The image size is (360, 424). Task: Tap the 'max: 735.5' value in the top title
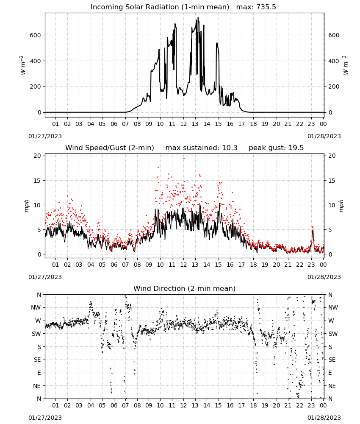(256, 7)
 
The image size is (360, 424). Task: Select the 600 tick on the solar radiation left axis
(36, 35)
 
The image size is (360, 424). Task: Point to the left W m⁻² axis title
(23, 65)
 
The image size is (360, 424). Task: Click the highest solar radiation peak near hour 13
(198, 18)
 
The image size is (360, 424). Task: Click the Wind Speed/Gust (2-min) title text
(110, 148)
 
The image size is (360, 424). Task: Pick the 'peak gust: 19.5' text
(276, 148)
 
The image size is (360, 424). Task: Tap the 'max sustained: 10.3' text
(201, 148)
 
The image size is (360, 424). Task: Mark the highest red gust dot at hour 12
(184, 158)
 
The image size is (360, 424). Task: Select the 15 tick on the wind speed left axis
(37, 180)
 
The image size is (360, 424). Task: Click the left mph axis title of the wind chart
(26, 206)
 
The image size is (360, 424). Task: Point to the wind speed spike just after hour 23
(313, 230)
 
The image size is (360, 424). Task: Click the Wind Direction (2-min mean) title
(185, 288)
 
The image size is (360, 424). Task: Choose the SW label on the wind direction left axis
(36, 334)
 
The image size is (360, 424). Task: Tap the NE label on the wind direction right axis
(332, 386)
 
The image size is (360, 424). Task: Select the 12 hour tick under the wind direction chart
(183, 405)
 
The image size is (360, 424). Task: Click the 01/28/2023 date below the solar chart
(324, 136)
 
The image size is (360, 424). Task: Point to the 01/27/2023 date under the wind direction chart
(45, 418)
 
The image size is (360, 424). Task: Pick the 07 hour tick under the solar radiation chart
(125, 124)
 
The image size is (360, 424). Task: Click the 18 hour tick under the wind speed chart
(253, 265)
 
